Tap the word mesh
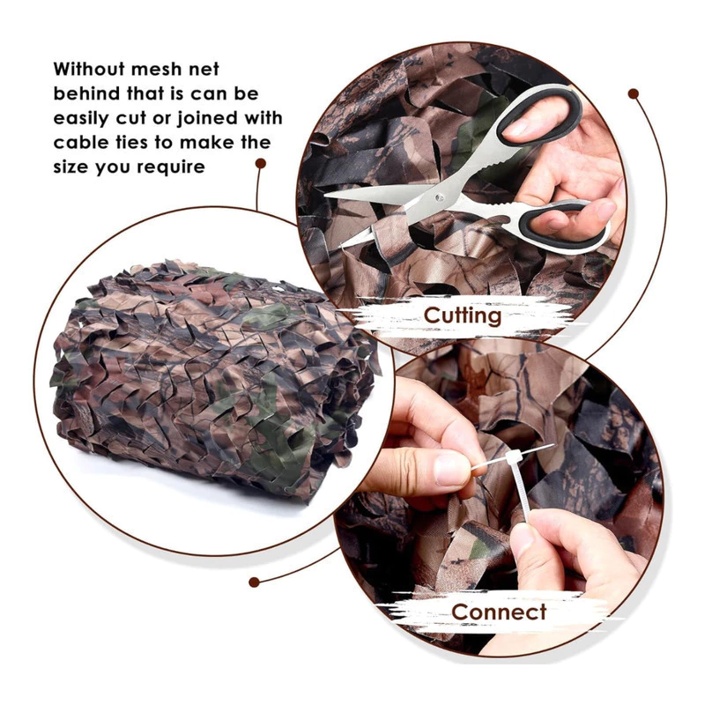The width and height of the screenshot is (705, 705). click(x=152, y=70)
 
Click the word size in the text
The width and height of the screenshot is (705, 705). click(x=70, y=167)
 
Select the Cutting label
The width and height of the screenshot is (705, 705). click(x=462, y=315)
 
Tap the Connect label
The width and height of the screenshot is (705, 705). click(x=499, y=612)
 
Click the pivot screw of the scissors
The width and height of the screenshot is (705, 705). click(x=438, y=197)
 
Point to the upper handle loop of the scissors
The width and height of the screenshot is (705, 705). click(x=538, y=115)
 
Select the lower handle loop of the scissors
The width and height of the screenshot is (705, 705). click(x=563, y=225)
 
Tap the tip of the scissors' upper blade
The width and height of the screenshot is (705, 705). click(x=325, y=195)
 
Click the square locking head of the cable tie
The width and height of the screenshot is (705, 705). click(x=513, y=457)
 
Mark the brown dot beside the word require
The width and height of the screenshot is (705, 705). click(x=260, y=163)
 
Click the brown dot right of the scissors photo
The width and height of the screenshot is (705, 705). click(x=634, y=94)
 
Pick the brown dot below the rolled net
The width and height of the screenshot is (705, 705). click(x=254, y=583)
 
